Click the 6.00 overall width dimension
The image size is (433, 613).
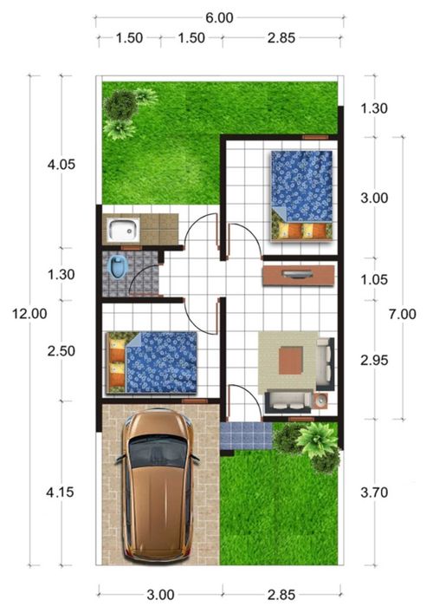(x=219, y=17)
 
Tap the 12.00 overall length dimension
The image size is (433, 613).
(x=29, y=314)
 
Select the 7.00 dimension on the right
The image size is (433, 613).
(x=402, y=314)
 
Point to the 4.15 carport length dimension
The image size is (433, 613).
(x=60, y=492)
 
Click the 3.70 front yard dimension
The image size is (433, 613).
(x=374, y=492)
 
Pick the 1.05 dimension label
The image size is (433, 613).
(x=374, y=279)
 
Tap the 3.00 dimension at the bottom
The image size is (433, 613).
(x=160, y=595)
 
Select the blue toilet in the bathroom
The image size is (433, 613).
(x=118, y=267)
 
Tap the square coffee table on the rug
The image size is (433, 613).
(x=291, y=360)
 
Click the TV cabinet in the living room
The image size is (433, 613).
(x=299, y=275)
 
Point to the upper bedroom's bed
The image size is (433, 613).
(x=302, y=195)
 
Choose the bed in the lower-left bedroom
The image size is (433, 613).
(x=152, y=362)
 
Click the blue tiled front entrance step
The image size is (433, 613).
(x=246, y=436)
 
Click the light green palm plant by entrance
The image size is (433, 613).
(x=317, y=439)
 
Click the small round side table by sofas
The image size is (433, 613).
(x=321, y=401)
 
